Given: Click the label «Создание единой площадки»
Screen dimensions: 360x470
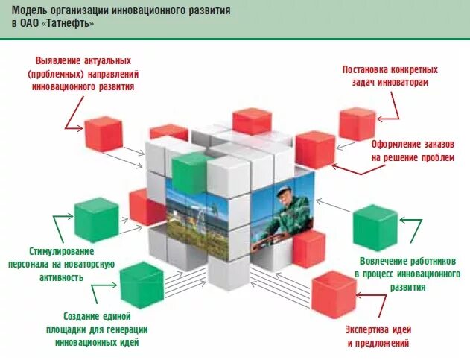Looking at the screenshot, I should [101, 318].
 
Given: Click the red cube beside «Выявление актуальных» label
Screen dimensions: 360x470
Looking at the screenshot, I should [103, 134].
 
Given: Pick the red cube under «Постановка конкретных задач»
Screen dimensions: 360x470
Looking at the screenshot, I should [357, 124].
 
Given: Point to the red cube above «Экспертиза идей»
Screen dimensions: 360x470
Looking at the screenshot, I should [333, 294].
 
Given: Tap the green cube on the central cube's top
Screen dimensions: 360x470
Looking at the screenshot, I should [190, 172].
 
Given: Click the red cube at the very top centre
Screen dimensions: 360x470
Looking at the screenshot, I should [251, 121].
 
